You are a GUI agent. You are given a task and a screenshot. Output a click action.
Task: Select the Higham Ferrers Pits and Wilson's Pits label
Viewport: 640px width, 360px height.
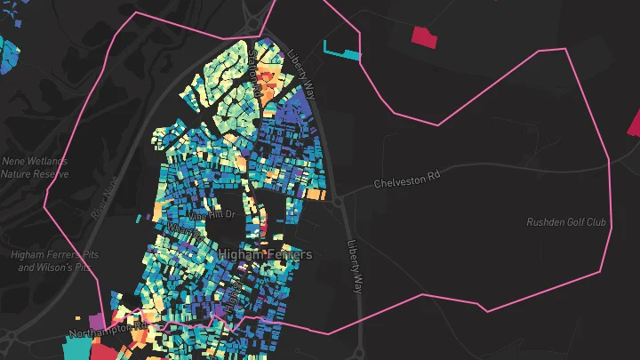(x=54, y=260)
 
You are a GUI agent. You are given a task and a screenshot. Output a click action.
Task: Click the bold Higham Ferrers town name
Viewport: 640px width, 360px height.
(x=265, y=255)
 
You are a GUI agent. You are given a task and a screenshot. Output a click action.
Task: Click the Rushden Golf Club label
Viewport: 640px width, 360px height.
(x=566, y=222)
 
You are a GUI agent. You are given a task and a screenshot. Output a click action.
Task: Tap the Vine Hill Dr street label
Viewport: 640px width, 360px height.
(x=211, y=215)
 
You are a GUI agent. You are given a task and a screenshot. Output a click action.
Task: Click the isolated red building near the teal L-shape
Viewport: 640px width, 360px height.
(x=426, y=36)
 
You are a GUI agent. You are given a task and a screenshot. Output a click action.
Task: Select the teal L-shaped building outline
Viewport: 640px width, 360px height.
(x=342, y=52)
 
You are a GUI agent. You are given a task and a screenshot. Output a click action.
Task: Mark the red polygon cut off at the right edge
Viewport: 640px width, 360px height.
(x=634, y=122)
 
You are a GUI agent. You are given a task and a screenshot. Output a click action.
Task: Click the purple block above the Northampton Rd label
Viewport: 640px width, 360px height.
(x=96, y=319)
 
